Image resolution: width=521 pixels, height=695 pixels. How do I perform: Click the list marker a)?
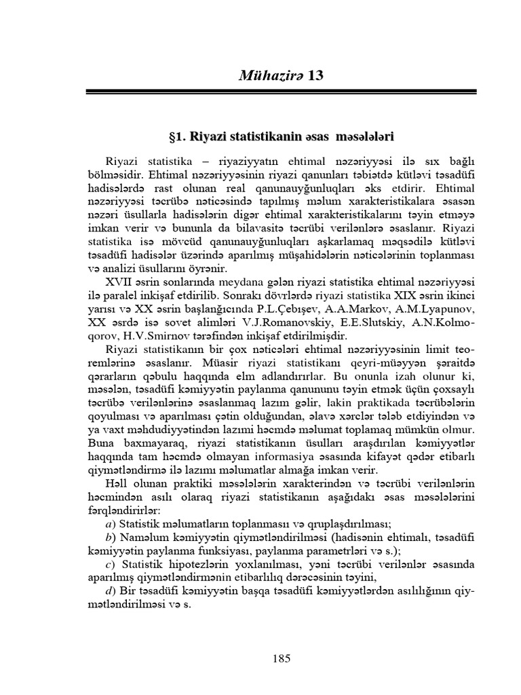[110, 524]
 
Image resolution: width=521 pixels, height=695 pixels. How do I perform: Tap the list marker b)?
[110, 538]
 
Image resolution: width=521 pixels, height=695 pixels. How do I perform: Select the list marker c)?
[110, 565]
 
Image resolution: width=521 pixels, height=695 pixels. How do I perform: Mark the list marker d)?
[110, 591]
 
